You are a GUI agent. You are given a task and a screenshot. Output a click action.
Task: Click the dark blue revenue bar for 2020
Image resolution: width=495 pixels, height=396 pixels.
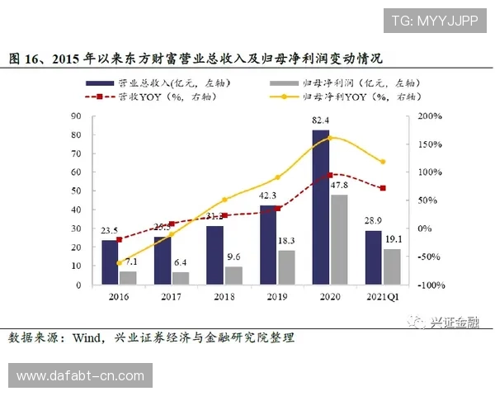point(320,206)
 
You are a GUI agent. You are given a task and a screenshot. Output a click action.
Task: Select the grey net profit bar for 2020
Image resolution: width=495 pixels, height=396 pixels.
point(338,239)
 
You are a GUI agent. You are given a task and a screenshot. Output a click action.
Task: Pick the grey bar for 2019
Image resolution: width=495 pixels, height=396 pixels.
point(286,267)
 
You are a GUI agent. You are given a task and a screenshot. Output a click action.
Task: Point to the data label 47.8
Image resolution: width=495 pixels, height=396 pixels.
point(339,186)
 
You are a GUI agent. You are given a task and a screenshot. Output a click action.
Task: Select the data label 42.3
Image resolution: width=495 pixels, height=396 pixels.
point(267,196)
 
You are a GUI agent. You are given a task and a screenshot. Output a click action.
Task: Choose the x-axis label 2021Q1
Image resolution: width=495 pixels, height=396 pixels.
point(380,296)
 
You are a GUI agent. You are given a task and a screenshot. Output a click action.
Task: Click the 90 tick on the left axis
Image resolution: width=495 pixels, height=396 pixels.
point(76,116)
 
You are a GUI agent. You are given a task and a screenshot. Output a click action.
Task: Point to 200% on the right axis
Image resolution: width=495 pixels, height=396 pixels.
point(427,116)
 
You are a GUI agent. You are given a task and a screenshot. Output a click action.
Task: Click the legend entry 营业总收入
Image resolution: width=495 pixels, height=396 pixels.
point(157,83)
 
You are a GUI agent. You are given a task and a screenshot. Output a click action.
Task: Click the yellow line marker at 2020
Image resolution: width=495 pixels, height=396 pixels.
point(330,138)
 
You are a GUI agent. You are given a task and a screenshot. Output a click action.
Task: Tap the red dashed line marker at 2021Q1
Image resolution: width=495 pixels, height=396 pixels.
point(383,188)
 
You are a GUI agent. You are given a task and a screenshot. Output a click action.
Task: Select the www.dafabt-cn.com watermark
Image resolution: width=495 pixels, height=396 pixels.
point(80,376)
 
